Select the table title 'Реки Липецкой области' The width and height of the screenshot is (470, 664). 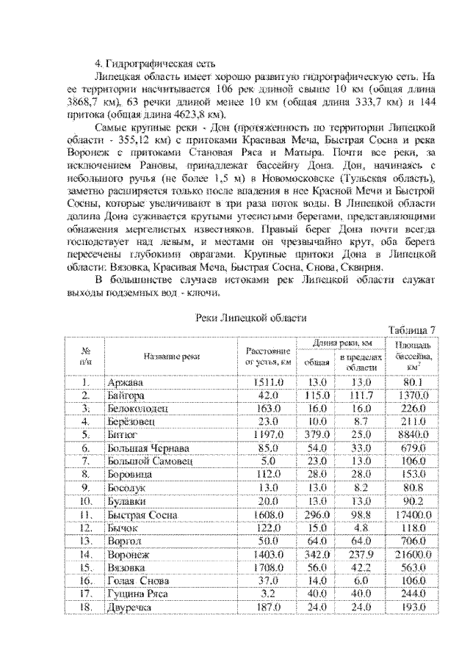pos(252,317)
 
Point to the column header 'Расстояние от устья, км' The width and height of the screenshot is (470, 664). pos(269,356)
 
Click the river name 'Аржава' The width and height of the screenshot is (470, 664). pos(126,382)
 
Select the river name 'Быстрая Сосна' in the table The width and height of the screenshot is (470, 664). pos(142,516)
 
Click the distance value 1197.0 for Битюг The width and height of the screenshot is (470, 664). pos(269,434)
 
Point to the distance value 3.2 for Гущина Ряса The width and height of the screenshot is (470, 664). pos(269,594)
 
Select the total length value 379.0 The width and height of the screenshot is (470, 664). pos(317,434)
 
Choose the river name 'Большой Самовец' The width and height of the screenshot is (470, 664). pos(146,461)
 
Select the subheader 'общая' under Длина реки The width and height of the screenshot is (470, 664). pos(317,362)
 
